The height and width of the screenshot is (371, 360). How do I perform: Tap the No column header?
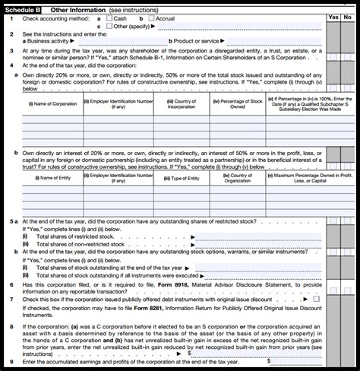click(x=349, y=16)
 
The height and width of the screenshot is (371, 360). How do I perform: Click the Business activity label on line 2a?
click(x=44, y=41)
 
